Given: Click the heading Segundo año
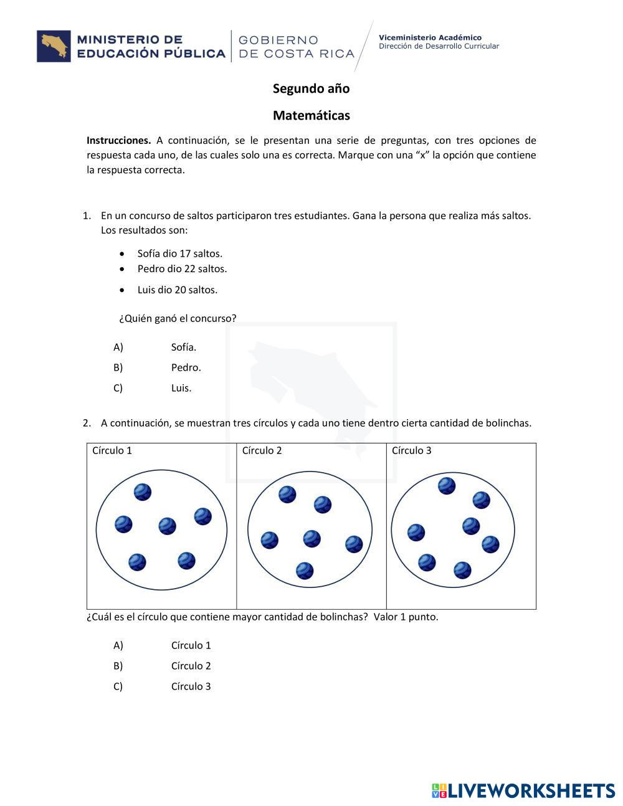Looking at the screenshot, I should click(311, 88).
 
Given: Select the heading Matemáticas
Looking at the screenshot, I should click(311, 115).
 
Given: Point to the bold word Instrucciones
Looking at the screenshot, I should click(118, 140).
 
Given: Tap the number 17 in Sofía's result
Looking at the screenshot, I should click(185, 254).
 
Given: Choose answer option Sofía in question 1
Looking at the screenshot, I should click(183, 347).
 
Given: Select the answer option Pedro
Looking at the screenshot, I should click(186, 367).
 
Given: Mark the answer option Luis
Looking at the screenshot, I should click(181, 388).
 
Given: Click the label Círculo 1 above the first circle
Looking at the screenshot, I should click(112, 450).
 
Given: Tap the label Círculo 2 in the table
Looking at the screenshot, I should click(262, 450).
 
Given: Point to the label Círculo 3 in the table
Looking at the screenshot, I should click(411, 450).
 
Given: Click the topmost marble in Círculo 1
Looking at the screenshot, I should click(143, 492).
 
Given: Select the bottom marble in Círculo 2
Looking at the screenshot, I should click(305, 571).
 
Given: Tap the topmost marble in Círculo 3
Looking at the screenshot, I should click(447, 485).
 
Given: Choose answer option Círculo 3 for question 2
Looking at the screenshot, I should click(191, 686).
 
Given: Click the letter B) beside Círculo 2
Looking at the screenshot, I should click(118, 666).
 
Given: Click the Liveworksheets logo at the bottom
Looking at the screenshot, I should click(523, 790).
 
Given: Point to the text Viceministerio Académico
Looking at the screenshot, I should click(430, 37).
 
